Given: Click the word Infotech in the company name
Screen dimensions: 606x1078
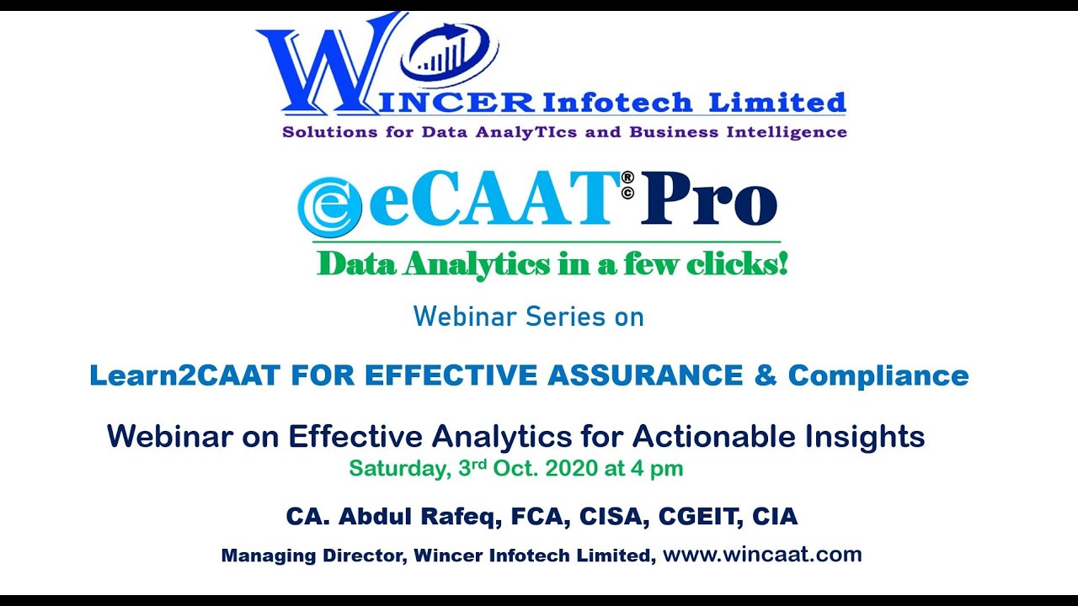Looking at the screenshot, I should point(617,104).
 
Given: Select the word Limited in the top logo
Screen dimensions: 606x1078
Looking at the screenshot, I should point(776,104).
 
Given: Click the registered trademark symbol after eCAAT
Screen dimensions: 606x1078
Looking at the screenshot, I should point(627,178).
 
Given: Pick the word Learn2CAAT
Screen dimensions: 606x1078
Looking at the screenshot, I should point(184,375).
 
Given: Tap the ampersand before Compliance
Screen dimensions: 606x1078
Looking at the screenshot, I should point(766,375).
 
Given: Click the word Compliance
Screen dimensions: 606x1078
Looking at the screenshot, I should point(878,375).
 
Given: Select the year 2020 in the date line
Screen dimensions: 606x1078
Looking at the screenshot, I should point(572,469).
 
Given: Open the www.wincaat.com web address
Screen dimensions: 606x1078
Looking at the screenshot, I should point(762,555).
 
